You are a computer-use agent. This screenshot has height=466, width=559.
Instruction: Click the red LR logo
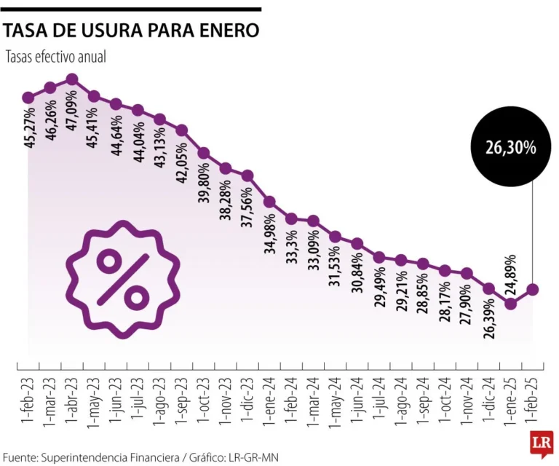click(541, 444)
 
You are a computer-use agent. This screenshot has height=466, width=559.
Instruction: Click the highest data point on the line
click(72, 79)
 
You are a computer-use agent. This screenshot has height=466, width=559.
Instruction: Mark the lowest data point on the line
click(511, 303)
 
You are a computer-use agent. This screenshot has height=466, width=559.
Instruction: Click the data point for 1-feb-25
click(533, 290)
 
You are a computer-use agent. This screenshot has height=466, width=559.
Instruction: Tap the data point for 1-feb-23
click(28, 97)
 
